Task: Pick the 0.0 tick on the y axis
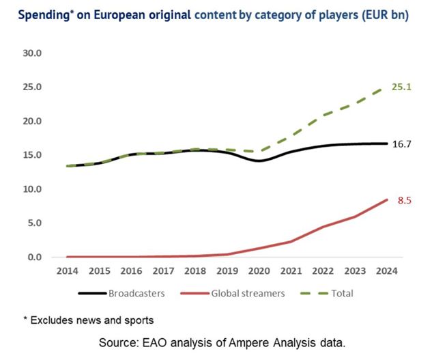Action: click(x=33, y=257)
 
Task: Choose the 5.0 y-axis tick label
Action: click(x=33, y=223)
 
